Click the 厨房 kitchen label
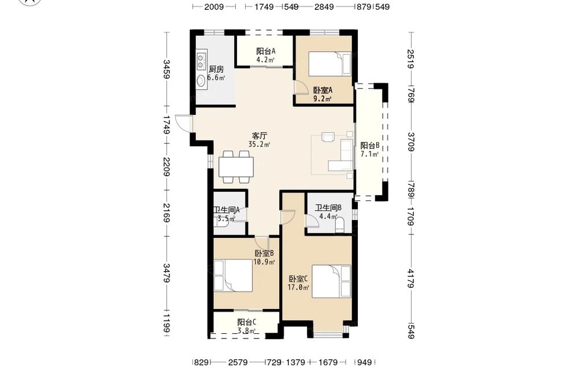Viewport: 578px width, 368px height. (x=216, y=69)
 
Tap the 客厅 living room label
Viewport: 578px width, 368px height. (x=260, y=136)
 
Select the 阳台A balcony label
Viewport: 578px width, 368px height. (x=266, y=51)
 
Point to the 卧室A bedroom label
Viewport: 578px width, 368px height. (x=323, y=90)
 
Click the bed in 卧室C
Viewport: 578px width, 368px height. (x=331, y=281)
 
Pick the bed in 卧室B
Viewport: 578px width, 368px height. (x=233, y=276)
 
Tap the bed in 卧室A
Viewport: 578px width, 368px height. (x=329, y=64)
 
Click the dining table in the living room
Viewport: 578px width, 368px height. (x=236, y=166)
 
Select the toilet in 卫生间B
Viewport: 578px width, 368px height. (x=339, y=225)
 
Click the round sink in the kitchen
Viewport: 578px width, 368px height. (x=201, y=81)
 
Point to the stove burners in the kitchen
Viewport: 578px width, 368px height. (x=201, y=61)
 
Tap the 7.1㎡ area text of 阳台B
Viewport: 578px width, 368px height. (x=370, y=154)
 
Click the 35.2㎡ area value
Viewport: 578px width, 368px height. (x=259, y=144)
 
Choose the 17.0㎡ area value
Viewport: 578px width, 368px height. (x=299, y=287)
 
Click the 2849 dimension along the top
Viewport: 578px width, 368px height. (x=324, y=6)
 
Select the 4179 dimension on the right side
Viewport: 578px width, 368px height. (x=412, y=279)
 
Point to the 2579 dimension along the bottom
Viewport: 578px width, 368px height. (x=238, y=362)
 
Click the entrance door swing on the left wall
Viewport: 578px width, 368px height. (x=182, y=122)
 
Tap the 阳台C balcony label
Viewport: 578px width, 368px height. (x=247, y=322)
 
